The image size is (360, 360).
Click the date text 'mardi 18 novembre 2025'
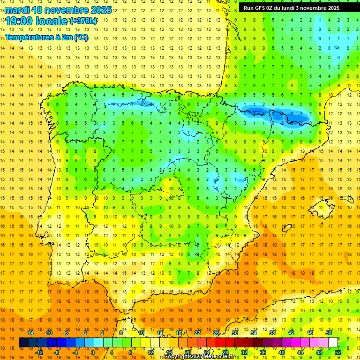pos(59,10)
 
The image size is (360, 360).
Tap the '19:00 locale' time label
pos(37,21)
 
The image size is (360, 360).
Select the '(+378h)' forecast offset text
pos(83,21)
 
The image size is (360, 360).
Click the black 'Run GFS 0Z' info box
pos(295,7)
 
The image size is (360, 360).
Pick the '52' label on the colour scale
pos(338,352)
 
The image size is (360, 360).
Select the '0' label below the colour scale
pos(93,352)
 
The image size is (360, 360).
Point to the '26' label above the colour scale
pos(216,333)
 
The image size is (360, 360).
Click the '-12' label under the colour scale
pos(39,352)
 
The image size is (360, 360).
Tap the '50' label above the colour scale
pos(328,333)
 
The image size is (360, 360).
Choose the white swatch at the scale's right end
pos(333,343)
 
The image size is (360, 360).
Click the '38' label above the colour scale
pos(272,333)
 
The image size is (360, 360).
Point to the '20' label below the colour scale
pos(187,352)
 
